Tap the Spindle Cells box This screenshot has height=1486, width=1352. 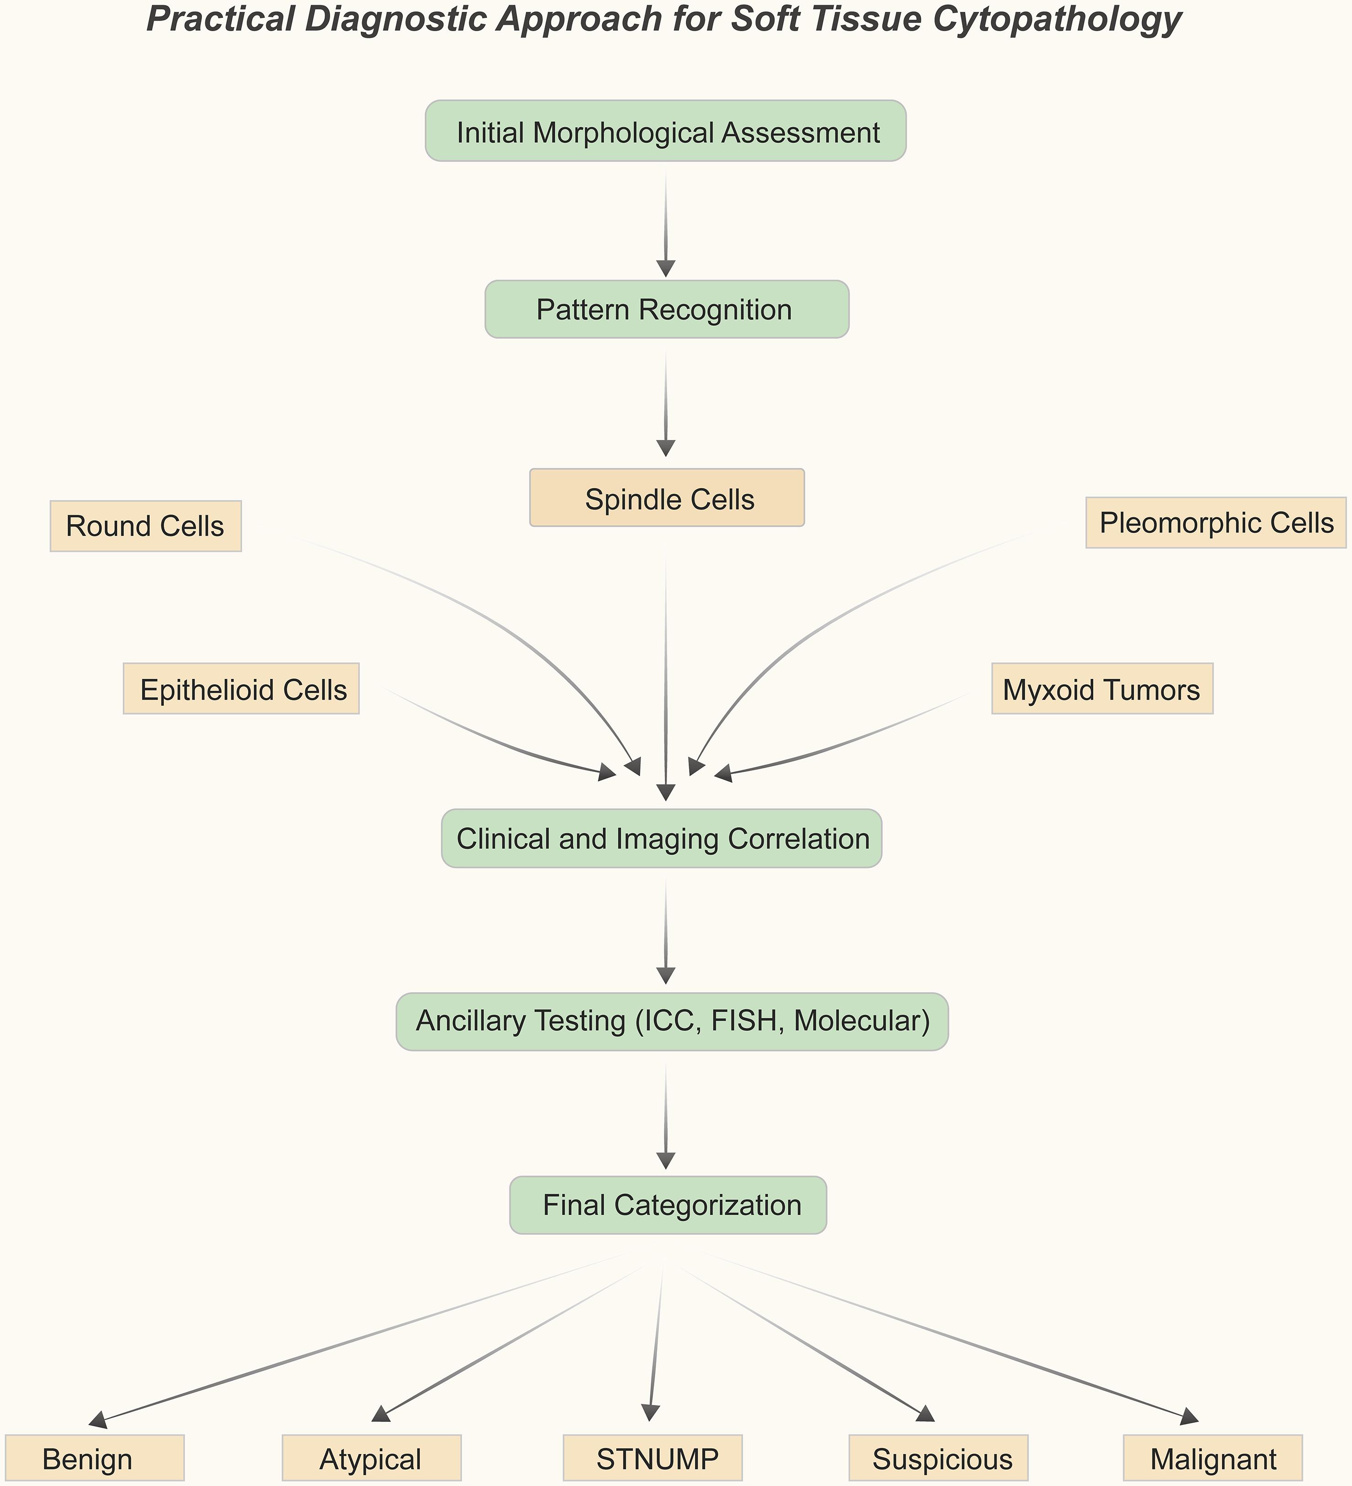tap(667, 498)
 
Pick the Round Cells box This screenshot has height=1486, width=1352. tap(145, 526)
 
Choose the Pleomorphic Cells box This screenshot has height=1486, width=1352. tap(1216, 523)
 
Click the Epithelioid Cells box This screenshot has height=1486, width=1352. tap(241, 689)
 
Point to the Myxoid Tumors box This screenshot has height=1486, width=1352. tap(1102, 689)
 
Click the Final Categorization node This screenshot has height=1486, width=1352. tap(668, 1204)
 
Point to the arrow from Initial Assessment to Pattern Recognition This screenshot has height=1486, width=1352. tap(666, 221)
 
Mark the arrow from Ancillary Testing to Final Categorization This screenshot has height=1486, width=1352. tap(666, 1113)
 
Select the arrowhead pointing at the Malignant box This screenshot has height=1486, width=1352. tap(1189, 1416)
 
